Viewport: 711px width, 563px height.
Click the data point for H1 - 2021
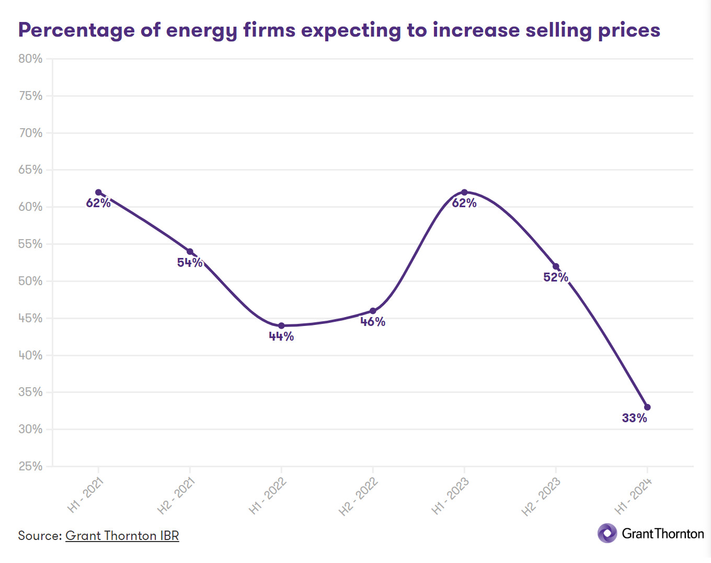click(x=98, y=193)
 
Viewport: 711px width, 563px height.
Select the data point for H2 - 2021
click(x=190, y=252)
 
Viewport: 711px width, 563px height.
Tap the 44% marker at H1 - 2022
click(x=281, y=326)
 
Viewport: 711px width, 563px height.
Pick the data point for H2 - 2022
click(x=373, y=311)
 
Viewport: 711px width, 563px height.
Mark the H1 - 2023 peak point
click(x=464, y=193)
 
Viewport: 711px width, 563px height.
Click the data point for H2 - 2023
click(x=556, y=266)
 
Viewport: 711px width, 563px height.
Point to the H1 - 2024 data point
click(x=647, y=407)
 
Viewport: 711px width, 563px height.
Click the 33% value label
click(x=634, y=418)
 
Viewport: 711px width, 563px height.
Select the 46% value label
click(x=373, y=322)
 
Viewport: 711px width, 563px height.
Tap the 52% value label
click(x=556, y=277)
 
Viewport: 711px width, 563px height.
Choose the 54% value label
click(x=190, y=263)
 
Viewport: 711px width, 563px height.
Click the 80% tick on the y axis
click(x=30, y=59)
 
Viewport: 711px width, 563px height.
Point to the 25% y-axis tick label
click(x=30, y=466)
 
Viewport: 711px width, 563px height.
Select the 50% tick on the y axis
click(x=30, y=281)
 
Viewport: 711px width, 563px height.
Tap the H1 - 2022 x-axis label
click(x=268, y=496)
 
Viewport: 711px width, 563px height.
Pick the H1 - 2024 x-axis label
click(x=633, y=496)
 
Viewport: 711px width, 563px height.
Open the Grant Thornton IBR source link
click(x=122, y=536)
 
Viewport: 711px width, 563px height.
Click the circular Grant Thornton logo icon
click(x=607, y=533)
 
